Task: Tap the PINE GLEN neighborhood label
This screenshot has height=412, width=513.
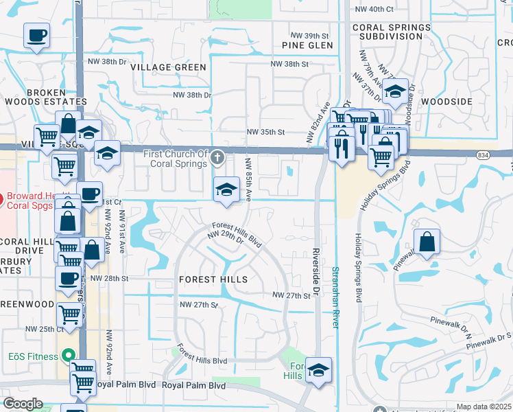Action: point(307,45)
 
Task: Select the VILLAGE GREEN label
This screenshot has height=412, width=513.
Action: point(169,67)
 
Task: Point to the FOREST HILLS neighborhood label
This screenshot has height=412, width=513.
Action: point(213,280)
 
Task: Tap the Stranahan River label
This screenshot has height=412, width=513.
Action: point(336,297)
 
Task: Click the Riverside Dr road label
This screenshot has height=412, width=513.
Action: point(316,272)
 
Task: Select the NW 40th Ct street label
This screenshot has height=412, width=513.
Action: point(374,9)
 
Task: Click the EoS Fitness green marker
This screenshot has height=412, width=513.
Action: point(68,356)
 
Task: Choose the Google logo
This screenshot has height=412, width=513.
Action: point(23,404)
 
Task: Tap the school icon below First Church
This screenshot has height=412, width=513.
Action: point(226,190)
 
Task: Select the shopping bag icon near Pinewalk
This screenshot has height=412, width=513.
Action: point(427,242)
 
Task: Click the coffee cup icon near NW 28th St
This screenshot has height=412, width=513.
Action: point(68,279)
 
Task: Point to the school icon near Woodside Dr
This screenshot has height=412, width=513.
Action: point(394,91)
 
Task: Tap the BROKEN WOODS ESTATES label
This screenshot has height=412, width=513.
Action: point(47,97)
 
